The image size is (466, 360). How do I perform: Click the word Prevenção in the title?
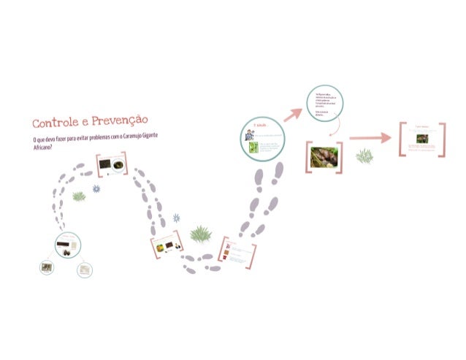pos(120,120)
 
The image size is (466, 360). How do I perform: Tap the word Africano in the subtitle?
pos(42,148)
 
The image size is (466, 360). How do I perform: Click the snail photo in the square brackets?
pos(322,158)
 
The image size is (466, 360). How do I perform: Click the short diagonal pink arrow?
pos(293,112)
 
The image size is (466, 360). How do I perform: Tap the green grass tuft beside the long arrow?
pos(364,156)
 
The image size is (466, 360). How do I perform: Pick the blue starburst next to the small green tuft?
pos(96,189)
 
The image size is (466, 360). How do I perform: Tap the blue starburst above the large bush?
pos(176,218)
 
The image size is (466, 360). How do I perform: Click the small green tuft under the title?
pos(78,196)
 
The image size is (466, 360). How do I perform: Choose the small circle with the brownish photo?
pos(47,268)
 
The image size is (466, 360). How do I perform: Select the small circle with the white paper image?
pos(85,269)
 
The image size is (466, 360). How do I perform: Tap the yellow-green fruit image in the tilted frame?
pos(158,247)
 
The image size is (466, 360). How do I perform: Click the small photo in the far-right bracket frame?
pos(422,138)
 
